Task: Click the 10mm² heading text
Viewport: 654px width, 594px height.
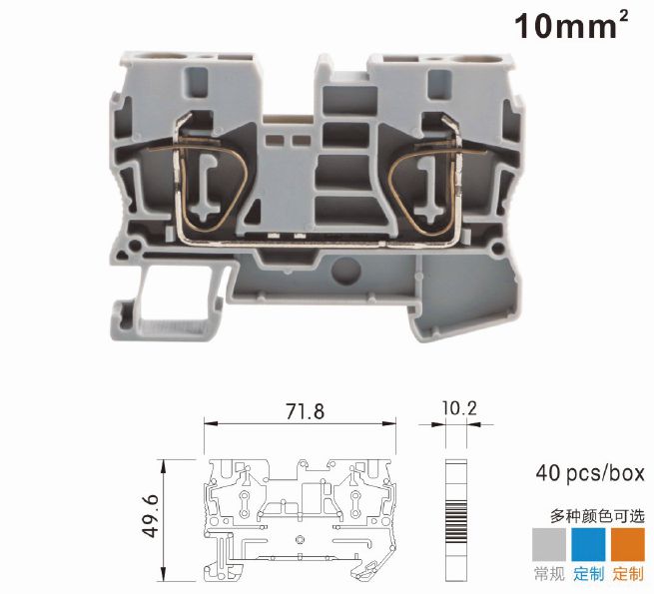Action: pyautogui.click(x=571, y=25)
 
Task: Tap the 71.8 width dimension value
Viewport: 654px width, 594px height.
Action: pyautogui.click(x=306, y=411)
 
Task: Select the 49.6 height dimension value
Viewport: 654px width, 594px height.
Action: pyautogui.click(x=151, y=515)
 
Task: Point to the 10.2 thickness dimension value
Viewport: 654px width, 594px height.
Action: pyautogui.click(x=459, y=408)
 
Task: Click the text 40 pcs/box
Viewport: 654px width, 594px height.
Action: pyautogui.click(x=590, y=473)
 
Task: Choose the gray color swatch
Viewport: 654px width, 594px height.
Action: pyautogui.click(x=549, y=544)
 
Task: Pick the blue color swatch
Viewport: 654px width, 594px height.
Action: pyautogui.click(x=588, y=544)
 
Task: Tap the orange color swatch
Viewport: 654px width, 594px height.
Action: pyautogui.click(x=628, y=544)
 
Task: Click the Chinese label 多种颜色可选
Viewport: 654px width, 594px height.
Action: pyautogui.click(x=597, y=516)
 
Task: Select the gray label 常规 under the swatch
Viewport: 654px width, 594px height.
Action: pyautogui.click(x=549, y=574)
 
